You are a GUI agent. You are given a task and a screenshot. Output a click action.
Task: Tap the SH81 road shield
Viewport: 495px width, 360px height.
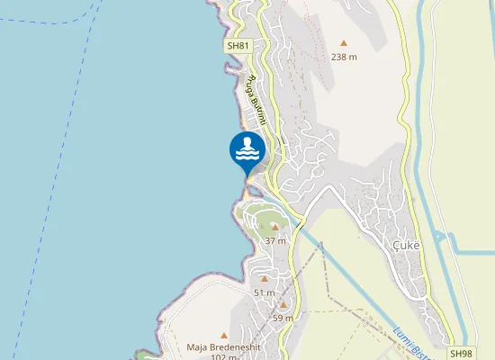pyautogui.click(x=237, y=45)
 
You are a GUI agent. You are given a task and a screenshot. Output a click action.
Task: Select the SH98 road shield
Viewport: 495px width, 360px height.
pyautogui.click(x=461, y=354)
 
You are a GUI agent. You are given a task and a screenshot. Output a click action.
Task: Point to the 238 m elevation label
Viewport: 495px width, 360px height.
pyautogui.click(x=344, y=56)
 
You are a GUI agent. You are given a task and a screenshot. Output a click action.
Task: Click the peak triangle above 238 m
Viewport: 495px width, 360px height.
pyautogui.click(x=344, y=42)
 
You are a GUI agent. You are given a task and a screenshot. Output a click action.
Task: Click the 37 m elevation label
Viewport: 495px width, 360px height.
pyautogui.click(x=275, y=240)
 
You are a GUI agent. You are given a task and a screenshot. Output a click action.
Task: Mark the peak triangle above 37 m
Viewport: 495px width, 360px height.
pyautogui.click(x=275, y=228)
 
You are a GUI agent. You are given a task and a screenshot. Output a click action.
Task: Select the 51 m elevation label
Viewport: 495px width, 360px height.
pyautogui.click(x=264, y=292)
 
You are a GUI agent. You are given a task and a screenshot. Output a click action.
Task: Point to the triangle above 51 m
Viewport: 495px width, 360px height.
pyautogui.click(x=264, y=280)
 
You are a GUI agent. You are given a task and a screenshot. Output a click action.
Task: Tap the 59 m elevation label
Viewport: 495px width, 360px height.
pyautogui.click(x=283, y=318)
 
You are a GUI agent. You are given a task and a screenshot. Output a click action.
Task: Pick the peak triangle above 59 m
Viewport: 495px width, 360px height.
pyautogui.click(x=283, y=305)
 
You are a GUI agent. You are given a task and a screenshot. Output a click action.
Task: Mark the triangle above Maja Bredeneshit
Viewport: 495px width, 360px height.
pyautogui.click(x=223, y=335)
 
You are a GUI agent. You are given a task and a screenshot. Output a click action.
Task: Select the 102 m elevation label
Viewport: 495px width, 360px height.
pyautogui.click(x=222, y=356)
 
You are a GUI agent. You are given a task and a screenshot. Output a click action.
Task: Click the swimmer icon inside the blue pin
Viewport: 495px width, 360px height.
pyautogui.click(x=247, y=149)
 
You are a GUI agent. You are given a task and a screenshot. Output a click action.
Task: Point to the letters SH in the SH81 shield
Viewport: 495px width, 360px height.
pyautogui.click(x=232, y=45)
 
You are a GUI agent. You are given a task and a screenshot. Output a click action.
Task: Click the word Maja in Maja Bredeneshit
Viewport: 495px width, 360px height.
pyautogui.click(x=197, y=346)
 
